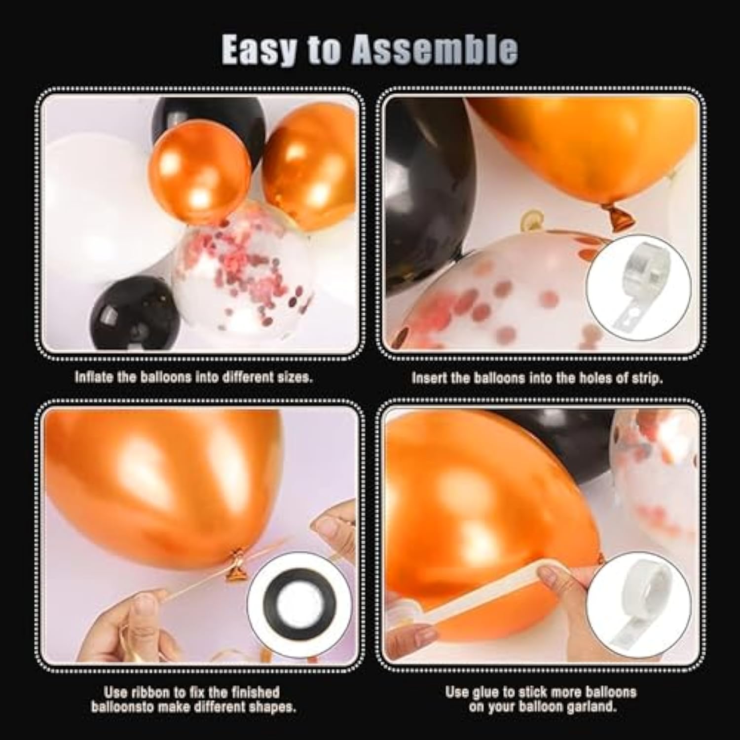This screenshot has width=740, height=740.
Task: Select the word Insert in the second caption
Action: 430,378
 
